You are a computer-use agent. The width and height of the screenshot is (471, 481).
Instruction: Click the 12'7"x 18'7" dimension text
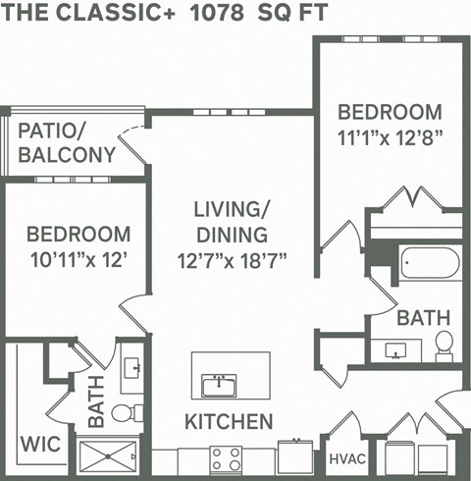(x=231, y=262)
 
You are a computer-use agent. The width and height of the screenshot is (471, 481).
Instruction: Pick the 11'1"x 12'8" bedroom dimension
(x=388, y=138)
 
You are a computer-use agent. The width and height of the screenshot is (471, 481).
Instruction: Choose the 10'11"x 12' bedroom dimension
(x=78, y=262)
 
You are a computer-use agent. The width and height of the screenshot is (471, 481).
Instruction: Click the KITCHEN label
(x=229, y=422)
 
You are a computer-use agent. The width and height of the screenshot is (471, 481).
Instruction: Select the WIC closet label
(x=37, y=444)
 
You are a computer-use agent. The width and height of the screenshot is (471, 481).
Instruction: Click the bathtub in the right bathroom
(x=430, y=263)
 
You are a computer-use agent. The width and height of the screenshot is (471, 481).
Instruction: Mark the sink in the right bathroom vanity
(x=397, y=349)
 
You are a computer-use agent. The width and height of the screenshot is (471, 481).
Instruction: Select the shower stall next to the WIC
(x=109, y=455)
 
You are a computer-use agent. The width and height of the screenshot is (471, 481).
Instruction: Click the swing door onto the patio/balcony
(x=131, y=138)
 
